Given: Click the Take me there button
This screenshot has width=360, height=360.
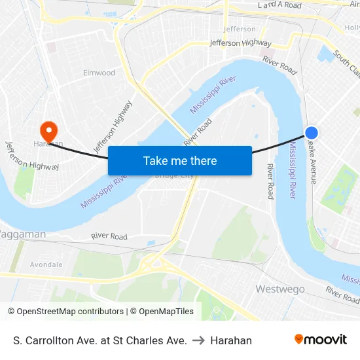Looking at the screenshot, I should [180, 160].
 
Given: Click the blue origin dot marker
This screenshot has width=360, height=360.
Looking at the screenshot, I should [312, 132].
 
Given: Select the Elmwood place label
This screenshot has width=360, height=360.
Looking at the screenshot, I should [99, 73].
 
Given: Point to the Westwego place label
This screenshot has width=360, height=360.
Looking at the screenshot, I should [280, 289].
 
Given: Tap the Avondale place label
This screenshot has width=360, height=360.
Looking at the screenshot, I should [46, 264].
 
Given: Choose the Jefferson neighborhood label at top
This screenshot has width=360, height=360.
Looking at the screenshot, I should [240, 29].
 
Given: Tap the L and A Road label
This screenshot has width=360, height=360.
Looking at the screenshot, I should [279, 5].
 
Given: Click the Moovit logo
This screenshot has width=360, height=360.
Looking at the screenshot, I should [321, 340].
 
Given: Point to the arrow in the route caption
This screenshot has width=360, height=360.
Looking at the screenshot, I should [198, 340].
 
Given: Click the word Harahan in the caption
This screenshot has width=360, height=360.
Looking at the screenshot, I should [231, 340].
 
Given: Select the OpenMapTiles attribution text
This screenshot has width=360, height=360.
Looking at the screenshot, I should [161, 312].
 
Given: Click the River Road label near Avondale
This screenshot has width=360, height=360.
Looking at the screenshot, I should [109, 236].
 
